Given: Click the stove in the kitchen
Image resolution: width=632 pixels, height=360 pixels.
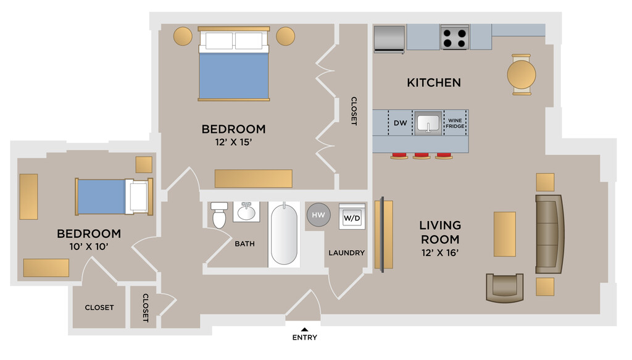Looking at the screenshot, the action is click(455, 37).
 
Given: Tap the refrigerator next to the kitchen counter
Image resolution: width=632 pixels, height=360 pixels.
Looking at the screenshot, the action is click(389, 39).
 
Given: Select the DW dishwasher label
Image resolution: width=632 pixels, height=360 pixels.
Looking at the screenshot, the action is click(400, 123).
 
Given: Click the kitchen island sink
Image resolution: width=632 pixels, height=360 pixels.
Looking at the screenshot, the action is click(428, 123).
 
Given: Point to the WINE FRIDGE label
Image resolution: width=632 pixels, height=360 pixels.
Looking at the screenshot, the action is click(455, 123).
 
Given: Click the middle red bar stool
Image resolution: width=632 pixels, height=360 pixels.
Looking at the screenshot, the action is click(422, 156).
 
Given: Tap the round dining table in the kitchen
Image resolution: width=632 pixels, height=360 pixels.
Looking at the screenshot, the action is click(522, 75).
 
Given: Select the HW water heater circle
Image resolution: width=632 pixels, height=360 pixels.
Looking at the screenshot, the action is click(318, 215).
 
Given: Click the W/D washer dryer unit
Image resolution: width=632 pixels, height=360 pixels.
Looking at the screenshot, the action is click(352, 217).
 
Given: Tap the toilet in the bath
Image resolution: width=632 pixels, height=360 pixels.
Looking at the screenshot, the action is click(219, 215).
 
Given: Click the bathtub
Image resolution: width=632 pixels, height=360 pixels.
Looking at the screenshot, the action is click(284, 234).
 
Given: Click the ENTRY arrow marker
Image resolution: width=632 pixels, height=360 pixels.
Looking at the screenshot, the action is click(305, 329).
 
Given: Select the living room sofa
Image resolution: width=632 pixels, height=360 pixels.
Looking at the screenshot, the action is click(549, 234).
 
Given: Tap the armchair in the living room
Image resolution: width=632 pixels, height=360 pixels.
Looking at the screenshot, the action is click(505, 288).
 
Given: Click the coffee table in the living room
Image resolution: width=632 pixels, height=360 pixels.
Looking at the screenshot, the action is click(505, 234).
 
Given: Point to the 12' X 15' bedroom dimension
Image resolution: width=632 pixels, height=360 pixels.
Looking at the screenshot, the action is click(233, 142).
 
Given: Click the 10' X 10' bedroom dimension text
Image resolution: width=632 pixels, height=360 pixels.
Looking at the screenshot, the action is click(89, 246).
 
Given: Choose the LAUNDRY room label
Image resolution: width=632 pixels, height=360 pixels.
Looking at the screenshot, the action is click(347, 253).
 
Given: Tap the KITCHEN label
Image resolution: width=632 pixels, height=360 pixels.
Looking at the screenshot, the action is click(434, 83).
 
